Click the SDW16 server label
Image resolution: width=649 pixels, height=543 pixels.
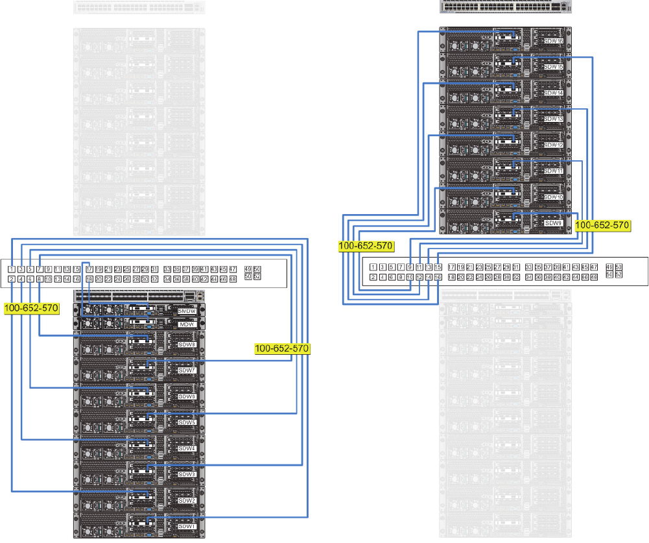click(x=553, y=41)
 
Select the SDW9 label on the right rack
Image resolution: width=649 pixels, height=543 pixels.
click(x=553, y=223)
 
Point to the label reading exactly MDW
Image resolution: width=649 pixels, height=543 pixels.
click(x=187, y=324)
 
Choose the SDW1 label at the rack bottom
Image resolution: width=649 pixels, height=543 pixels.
click(x=187, y=526)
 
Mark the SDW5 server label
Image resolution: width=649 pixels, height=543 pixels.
click(x=187, y=422)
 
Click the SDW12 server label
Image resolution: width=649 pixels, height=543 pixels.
click(x=553, y=145)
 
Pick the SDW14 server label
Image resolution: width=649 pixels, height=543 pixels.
click(x=553, y=93)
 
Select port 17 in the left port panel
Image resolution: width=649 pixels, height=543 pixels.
click(x=89, y=269)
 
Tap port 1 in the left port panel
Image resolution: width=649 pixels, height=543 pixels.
click(x=12, y=269)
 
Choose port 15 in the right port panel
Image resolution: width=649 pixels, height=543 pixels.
click(x=438, y=267)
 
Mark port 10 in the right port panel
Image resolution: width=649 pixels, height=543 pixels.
click(x=410, y=277)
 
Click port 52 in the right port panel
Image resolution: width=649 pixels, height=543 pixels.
click(x=619, y=274)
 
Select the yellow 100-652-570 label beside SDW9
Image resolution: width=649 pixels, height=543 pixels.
click(x=603, y=226)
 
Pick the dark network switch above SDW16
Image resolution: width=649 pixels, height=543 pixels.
click(x=506, y=7)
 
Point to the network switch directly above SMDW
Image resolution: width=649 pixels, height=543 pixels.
click(x=139, y=296)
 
